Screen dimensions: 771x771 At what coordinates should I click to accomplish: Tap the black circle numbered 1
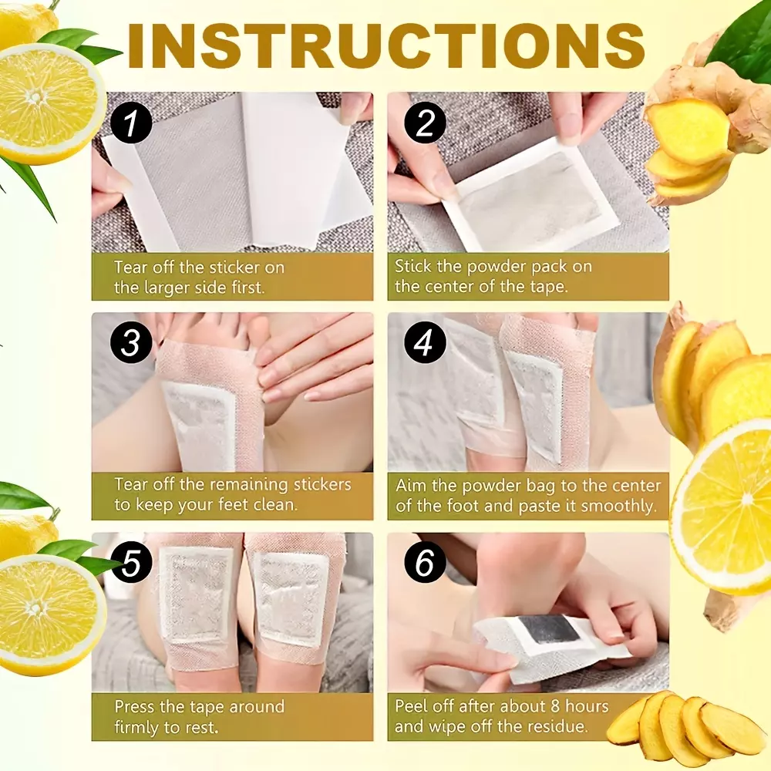131,123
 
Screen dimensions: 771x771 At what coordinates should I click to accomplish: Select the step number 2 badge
425,123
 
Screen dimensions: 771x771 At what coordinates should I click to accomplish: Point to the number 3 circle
131,343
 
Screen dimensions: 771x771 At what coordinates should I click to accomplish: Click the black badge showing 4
425,343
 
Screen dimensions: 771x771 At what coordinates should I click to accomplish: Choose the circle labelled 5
131,562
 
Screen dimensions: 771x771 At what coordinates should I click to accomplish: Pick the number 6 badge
425,562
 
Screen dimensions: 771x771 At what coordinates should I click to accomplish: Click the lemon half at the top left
50,103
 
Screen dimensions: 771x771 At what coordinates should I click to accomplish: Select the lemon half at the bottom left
49,615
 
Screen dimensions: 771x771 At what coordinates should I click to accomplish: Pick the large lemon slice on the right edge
723,507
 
